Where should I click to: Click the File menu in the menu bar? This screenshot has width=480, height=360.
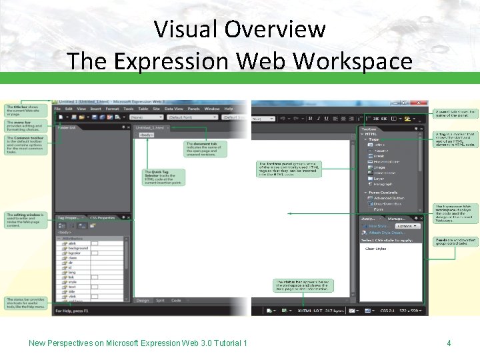[59, 109]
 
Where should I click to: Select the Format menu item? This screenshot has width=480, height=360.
[112, 109]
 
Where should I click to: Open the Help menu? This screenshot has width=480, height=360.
[229, 109]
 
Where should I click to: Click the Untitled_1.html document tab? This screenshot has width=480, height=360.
[149, 127]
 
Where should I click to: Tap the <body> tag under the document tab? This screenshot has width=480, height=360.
[146, 135]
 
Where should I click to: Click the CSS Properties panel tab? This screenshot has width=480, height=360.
[102, 217]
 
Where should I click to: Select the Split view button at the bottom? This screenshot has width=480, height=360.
[160, 301]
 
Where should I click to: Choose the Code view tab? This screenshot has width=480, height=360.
[176, 301]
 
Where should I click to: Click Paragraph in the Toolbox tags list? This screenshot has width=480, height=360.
[383, 184]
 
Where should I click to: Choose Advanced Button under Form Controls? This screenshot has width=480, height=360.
[389, 198]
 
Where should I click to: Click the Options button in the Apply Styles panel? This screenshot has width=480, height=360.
[404, 226]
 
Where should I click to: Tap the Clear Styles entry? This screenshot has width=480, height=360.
[376, 248]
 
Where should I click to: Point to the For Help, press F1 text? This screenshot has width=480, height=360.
[71, 311]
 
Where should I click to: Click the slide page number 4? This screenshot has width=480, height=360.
[449, 343]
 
